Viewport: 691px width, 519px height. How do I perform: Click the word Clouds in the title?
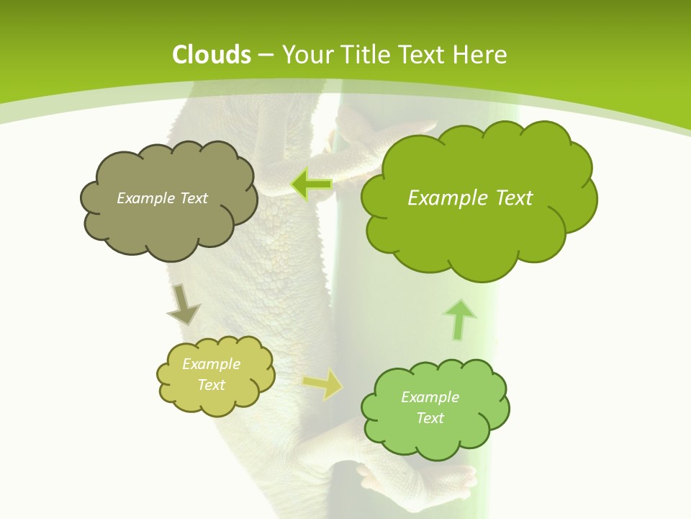coord(212,55)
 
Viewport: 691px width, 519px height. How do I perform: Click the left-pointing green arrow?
coord(312,185)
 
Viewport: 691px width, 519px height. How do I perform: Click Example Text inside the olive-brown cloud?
coord(162,198)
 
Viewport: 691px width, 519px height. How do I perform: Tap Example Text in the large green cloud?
coord(470,198)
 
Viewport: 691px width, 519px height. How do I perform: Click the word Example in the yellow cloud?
coord(211,364)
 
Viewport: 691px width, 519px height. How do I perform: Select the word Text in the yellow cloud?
coord(211,385)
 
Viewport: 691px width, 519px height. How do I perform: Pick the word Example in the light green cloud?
coord(430,397)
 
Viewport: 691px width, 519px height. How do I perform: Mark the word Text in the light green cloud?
coord(430,418)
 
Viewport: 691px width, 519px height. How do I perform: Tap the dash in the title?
coord(265,55)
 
